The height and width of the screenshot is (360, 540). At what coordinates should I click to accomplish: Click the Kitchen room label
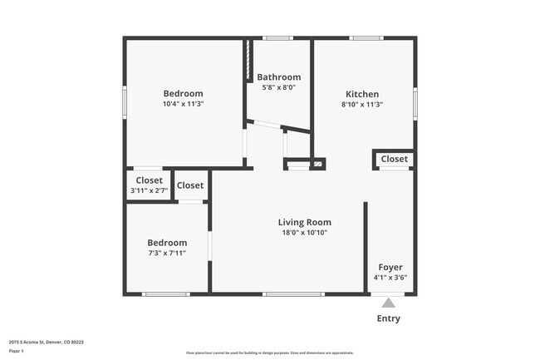[361, 94]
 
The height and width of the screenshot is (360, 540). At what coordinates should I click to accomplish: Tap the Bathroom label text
[278, 77]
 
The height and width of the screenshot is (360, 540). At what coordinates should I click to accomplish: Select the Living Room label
[304, 222]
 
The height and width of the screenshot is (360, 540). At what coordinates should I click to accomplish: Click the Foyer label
[390, 267]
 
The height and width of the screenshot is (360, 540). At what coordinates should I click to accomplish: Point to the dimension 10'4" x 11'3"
[183, 104]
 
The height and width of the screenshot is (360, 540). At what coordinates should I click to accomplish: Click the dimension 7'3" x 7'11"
[167, 253]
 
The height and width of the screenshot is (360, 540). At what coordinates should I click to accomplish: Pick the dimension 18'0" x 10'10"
[304, 233]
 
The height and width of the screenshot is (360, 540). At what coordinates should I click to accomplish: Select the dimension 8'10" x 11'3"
[361, 105]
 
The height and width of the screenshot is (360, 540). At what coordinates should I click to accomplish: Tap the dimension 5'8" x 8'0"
[278, 87]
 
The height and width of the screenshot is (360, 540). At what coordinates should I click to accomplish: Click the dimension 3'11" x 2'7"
[149, 190]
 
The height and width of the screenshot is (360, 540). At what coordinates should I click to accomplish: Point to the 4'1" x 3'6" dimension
[390, 278]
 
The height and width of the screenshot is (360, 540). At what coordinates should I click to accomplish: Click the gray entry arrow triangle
[388, 303]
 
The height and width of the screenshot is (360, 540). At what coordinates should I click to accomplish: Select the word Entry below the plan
[388, 318]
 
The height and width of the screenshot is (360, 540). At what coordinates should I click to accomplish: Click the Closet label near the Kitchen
[394, 159]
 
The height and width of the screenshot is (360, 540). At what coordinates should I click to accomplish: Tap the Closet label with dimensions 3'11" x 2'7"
[149, 180]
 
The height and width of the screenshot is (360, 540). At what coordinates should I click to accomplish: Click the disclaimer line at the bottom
[270, 353]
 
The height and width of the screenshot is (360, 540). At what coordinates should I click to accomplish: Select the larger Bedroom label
[183, 93]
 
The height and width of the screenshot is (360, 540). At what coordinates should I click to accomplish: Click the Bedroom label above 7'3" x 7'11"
[167, 243]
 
